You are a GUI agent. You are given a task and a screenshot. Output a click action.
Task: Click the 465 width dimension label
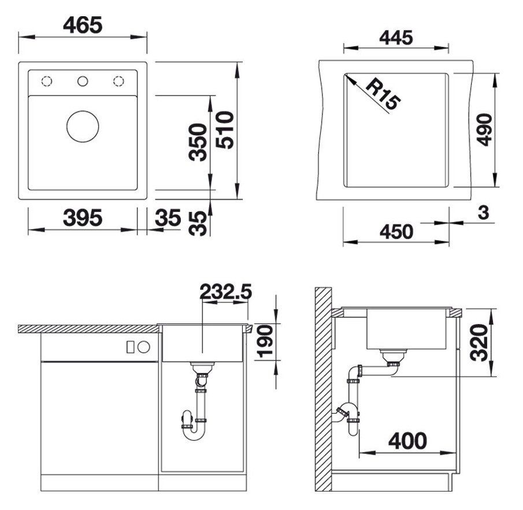[83, 25]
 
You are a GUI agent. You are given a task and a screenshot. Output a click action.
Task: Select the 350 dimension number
[198, 142]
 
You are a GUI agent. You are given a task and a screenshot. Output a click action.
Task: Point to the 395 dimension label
[83, 218]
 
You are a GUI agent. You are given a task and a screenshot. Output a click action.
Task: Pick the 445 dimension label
[396, 38]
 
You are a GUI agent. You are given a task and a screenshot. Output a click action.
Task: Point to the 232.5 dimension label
[225, 292]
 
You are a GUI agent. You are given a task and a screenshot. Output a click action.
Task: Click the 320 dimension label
[479, 341]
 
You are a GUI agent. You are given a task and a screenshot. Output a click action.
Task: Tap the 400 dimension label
[407, 441]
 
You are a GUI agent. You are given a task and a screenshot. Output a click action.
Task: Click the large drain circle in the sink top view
[83, 126]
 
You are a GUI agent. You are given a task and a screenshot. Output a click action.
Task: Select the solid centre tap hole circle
[83, 81]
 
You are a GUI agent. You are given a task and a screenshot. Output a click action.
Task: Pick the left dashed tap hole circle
[47, 81]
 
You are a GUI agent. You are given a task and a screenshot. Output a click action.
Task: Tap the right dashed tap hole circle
[118, 81]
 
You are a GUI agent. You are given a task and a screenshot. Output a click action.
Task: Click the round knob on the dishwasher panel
[144, 347]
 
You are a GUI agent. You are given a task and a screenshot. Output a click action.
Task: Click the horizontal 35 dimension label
[168, 218]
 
